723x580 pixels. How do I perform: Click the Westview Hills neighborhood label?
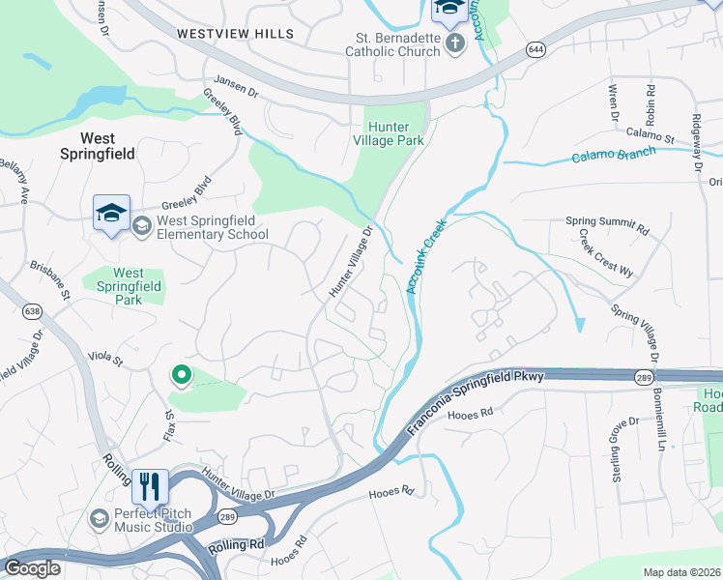[x=235, y=34]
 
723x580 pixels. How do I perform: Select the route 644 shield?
[x=535, y=47]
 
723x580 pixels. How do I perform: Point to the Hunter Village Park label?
[x=394, y=133]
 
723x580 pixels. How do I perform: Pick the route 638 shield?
[x=33, y=310]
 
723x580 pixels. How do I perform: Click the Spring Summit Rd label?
[x=607, y=225]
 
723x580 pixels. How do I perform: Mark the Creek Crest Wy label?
[x=606, y=254]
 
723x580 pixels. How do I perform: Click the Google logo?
[x=32, y=568]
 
